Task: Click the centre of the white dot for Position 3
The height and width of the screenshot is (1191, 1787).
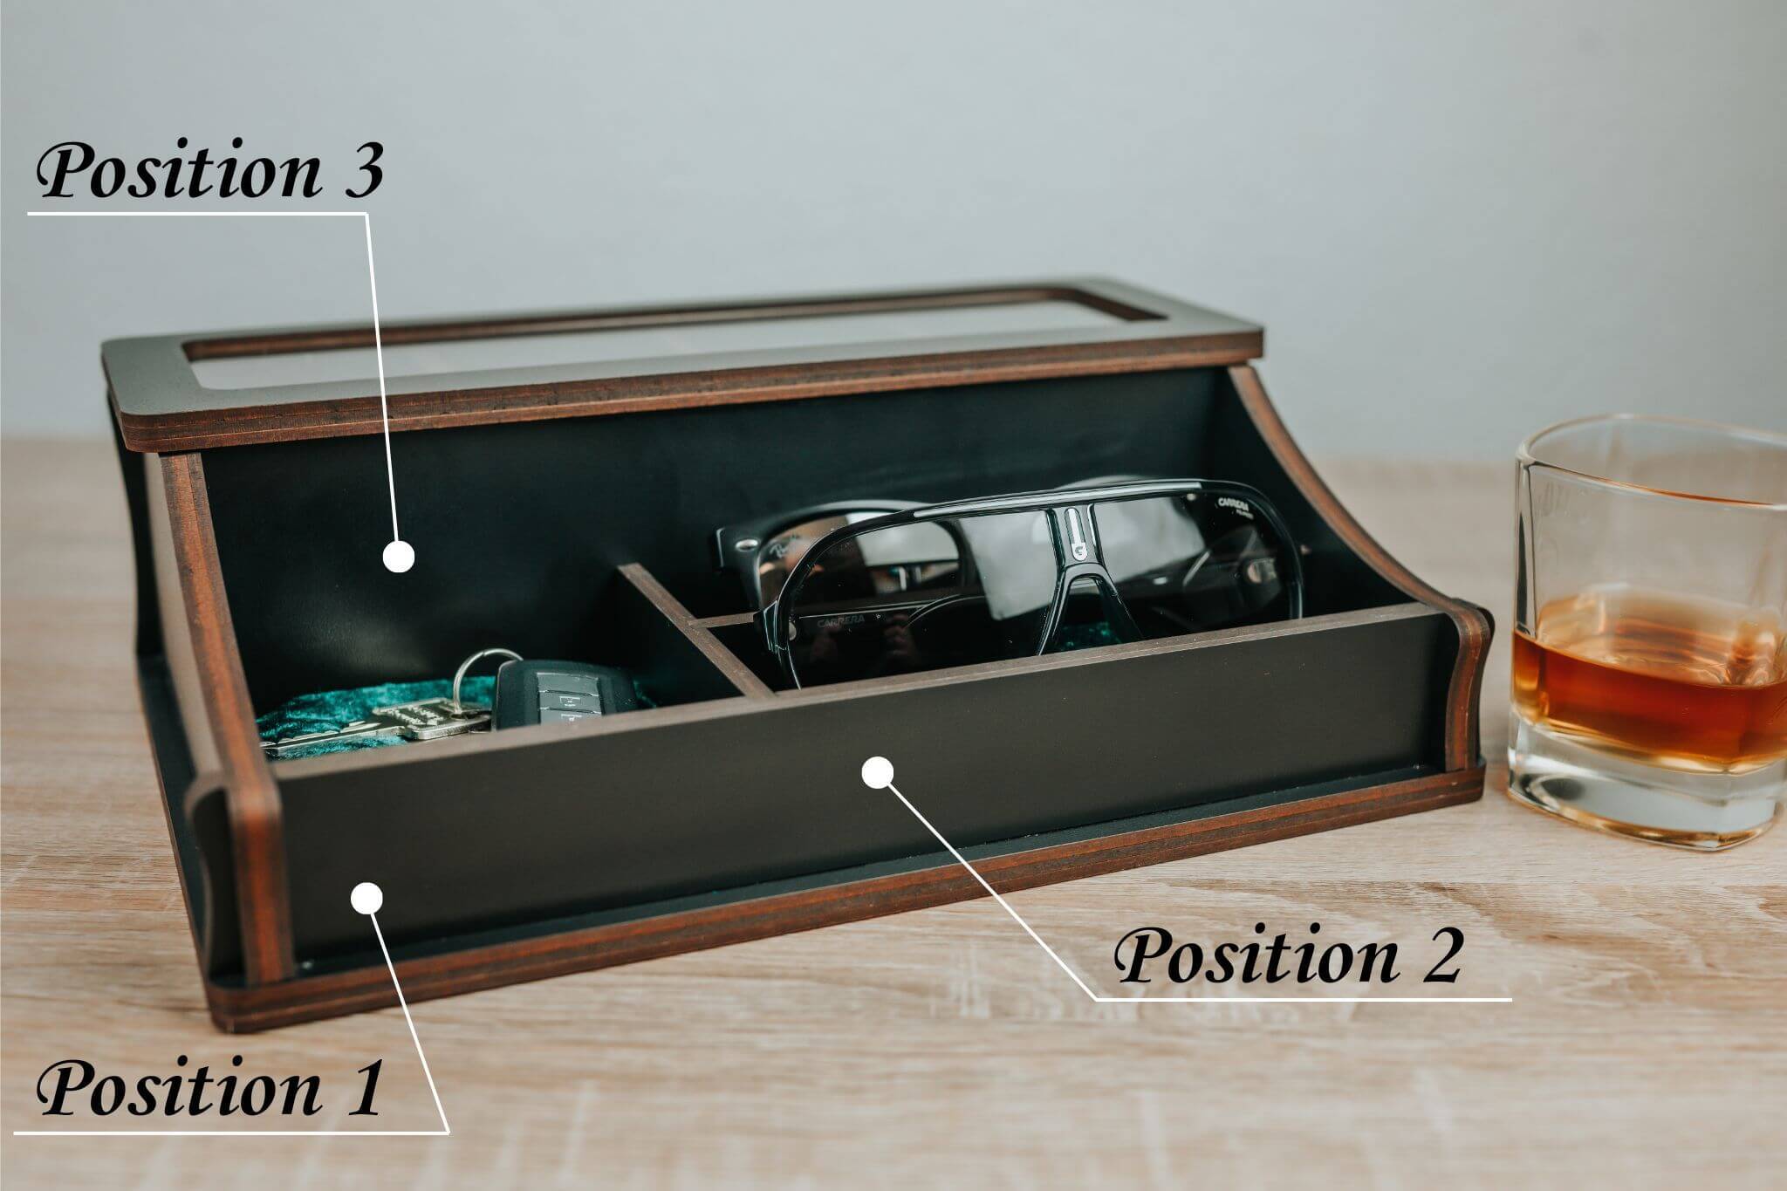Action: click(x=400, y=556)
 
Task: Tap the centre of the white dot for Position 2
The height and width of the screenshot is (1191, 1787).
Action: click(x=878, y=773)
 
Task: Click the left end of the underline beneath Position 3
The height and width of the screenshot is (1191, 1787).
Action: click(x=30, y=212)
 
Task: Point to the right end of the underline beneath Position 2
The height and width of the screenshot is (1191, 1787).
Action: click(x=1511, y=998)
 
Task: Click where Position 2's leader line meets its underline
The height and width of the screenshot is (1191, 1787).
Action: click(x=1096, y=997)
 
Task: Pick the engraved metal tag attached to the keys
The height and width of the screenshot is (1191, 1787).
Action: click(x=432, y=722)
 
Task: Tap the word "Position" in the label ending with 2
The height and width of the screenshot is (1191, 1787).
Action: click(x=1258, y=956)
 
